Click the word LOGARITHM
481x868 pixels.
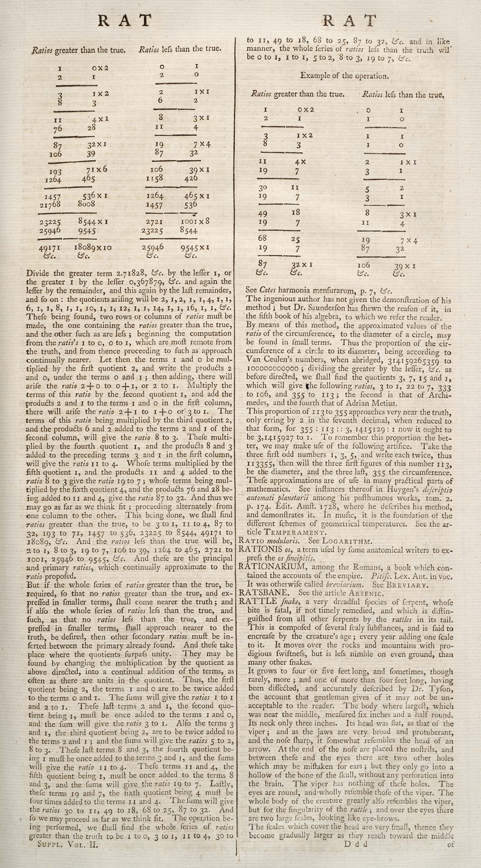tap(347, 541)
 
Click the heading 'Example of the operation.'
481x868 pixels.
tap(345, 76)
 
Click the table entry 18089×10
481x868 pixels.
tap(93, 248)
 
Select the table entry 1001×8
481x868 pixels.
tap(195, 221)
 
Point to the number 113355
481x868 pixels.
tap(261, 464)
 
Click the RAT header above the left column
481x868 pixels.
tap(124, 21)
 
